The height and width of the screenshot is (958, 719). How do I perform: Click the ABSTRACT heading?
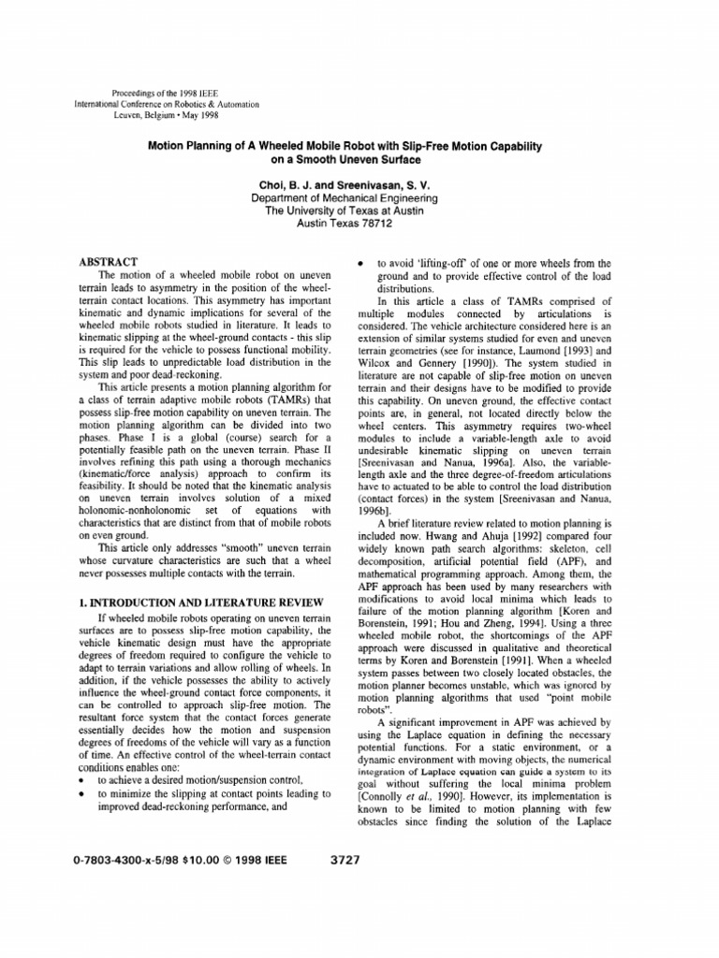110,260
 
